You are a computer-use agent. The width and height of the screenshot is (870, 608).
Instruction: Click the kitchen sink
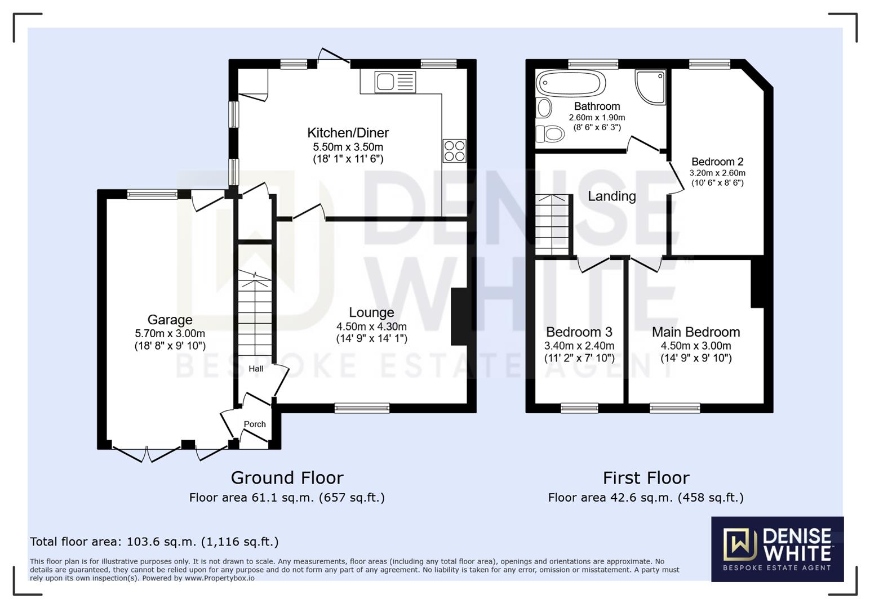pyautogui.click(x=395, y=82)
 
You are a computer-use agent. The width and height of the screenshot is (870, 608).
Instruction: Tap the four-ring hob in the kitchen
pyautogui.click(x=454, y=151)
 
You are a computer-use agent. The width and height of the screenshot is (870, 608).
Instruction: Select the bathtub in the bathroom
pyautogui.click(x=571, y=83)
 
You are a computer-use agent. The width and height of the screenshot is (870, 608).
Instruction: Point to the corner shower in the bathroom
pyautogui.click(x=650, y=87)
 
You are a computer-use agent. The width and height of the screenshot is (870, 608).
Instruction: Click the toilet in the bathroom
pyautogui.click(x=550, y=134)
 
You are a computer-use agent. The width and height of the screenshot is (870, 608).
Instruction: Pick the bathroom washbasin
pyautogui.click(x=543, y=108)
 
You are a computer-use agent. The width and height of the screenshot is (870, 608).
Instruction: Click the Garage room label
pyautogui.click(x=170, y=319)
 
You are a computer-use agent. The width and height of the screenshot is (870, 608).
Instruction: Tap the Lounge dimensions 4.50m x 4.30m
pyautogui.click(x=372, y=327)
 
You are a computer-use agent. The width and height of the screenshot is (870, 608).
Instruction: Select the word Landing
pyautogui.click(x=612, y=196)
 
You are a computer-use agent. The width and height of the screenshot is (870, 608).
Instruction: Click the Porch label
pyautogui.click(x=255, y=424)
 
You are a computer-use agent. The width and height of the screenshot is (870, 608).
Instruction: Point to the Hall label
pyautogui.click(x=256, y=369)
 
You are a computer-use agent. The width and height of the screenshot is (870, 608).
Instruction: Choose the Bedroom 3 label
pyautogui.click(x=579, y=332)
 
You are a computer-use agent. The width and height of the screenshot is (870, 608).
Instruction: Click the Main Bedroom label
pyautogui.click(x=696, y=332)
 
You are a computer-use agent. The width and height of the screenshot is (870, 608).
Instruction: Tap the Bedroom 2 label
pyautogui.click(x=717, y=162)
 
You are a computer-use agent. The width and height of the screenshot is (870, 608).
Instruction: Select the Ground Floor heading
pyautogui.click(x=287, y=477)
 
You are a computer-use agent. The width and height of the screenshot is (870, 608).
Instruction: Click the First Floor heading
pyautogui.click(x=646, y=477)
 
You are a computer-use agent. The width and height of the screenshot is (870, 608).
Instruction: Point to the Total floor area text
pyautogui.click(x=154, y=542)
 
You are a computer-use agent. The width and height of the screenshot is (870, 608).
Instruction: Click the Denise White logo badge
pyautogui.click(x=778, y=549)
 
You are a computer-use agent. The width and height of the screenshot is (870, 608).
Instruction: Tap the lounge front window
pyautogui.click(x=362, y=408)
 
